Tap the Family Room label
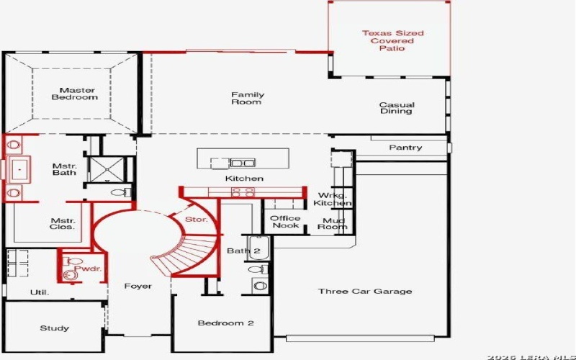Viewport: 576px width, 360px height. pos(247,99)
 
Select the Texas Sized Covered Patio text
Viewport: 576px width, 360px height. pos(392,40)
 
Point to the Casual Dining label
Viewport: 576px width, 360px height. pos(397,108)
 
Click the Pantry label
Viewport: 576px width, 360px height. pos(405,148)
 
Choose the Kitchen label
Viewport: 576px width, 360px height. pos(244,178)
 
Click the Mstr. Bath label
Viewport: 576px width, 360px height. pos(64,169)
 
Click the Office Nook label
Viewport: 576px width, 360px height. pos(285,222)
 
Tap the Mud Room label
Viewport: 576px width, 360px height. pos(333,222)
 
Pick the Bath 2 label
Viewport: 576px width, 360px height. pos(243,251)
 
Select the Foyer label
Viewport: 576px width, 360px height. pos(138,287)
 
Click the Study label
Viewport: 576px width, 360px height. pos(55,328)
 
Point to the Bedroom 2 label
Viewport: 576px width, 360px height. pos(225,323)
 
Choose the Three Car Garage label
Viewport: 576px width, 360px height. pos(365,292)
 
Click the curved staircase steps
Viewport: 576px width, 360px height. pos(186,252)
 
